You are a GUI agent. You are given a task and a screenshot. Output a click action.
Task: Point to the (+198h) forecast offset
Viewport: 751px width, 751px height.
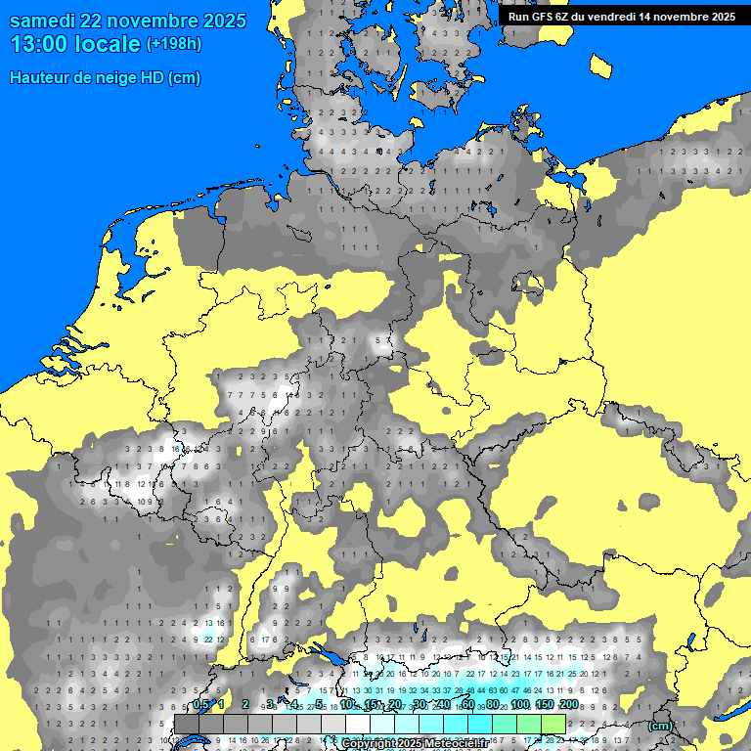point(173,44)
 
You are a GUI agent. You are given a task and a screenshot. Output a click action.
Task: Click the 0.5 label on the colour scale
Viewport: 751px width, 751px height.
point(200,705)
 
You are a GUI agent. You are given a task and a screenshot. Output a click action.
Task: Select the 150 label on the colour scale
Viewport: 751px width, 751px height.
point(544,705)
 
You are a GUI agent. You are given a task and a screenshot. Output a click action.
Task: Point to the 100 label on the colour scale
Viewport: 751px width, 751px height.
point(519,705)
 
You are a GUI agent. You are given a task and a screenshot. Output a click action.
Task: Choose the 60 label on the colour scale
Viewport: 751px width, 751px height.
point(467,705)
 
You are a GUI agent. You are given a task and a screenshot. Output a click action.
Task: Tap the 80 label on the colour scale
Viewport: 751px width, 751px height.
point(493,705)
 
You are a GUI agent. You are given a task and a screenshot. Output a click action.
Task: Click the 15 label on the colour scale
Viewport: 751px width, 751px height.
point(372,705)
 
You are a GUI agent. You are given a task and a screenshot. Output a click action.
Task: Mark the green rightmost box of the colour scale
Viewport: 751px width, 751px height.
point(553,724)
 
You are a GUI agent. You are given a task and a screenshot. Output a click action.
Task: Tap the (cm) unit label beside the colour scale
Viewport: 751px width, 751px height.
point(660,726)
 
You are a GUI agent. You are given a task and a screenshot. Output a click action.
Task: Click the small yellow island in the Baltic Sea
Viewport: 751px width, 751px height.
point(601,65)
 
